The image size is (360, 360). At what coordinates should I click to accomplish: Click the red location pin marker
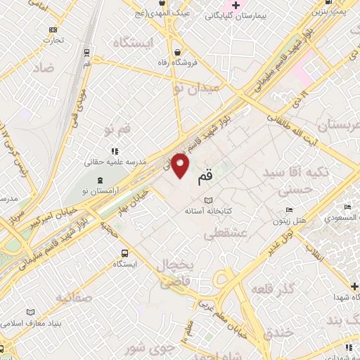pyautogui.click(x=181, y=165)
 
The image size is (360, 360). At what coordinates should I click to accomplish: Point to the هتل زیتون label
pyautogui.click(x=290, y=221)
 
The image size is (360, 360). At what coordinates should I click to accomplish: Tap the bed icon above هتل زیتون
pyautogui.click(x=289, y=210)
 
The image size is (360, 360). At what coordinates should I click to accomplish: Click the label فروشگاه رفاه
pyautogui.click(x=178, y=62)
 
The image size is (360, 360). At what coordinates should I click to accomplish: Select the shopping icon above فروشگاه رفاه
pyautogui.click(x=178, y=51)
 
